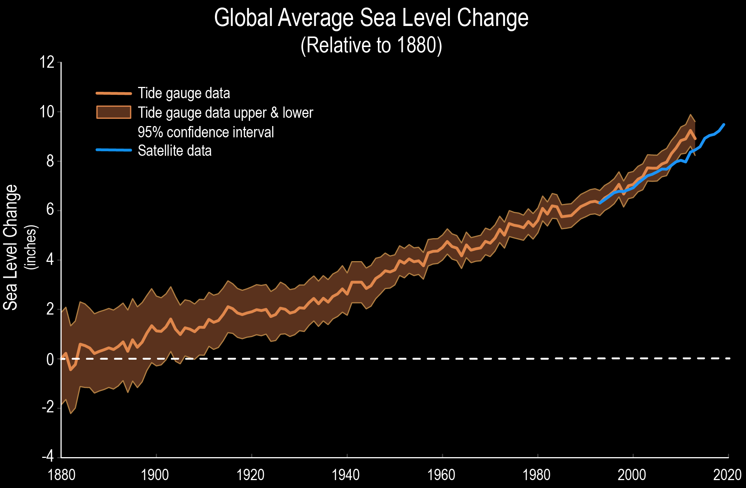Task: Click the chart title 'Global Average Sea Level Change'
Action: click(x=371, y=18)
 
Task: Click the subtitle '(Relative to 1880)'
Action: click(x=371, y=45)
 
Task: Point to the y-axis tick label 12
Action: click(x=47, y=62)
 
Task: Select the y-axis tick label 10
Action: click(x=47, y=112)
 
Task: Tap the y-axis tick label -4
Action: click(x=48, y=456)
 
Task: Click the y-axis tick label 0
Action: click(x=50, y=359)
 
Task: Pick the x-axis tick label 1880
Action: click(x=61, y=475)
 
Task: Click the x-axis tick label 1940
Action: click(x=346, y=475)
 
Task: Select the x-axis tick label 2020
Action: click(x=727, y=475)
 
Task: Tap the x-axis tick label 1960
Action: click(x=441, y=475)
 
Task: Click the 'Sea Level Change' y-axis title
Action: click(x=11, y=247)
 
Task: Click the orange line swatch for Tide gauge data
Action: click(x=114, y=93)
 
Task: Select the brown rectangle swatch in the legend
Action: click(x=114, y=112)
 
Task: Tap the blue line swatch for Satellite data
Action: click(x=114, y=150)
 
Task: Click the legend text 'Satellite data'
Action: click(x=175, y=151)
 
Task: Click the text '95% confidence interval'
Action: click(x=206, y=132)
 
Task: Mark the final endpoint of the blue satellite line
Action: click(x=724, y=125)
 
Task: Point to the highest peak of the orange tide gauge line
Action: click(x=690, y=130)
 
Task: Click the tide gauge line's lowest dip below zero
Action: click(x=70, y=370)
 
